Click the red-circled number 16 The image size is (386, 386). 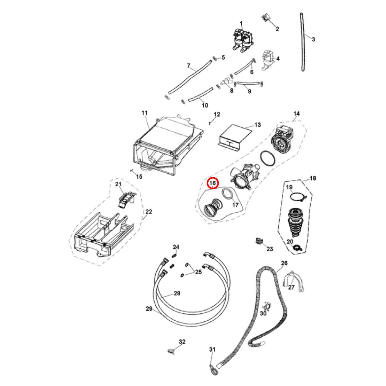pyautogui.click(x=213, y=183)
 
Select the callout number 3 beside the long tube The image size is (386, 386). pyautogui.click(x=314, y=39)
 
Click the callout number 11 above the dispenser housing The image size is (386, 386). pyautogui.click(x=145, y=113)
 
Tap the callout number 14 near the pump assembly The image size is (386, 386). pyautogui.click(x=297, y=114)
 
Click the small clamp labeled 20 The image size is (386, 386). pyautogui.click(x=298, y=248)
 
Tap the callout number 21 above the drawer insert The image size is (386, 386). pyautogui.click(x=118, y=184)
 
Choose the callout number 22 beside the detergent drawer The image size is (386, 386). pyautogui.click(x=149, y=212)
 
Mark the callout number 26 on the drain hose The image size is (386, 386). pyautogui.click(x=284, y=263)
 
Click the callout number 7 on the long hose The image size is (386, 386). pyautogui.click(x=188, y=66)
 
